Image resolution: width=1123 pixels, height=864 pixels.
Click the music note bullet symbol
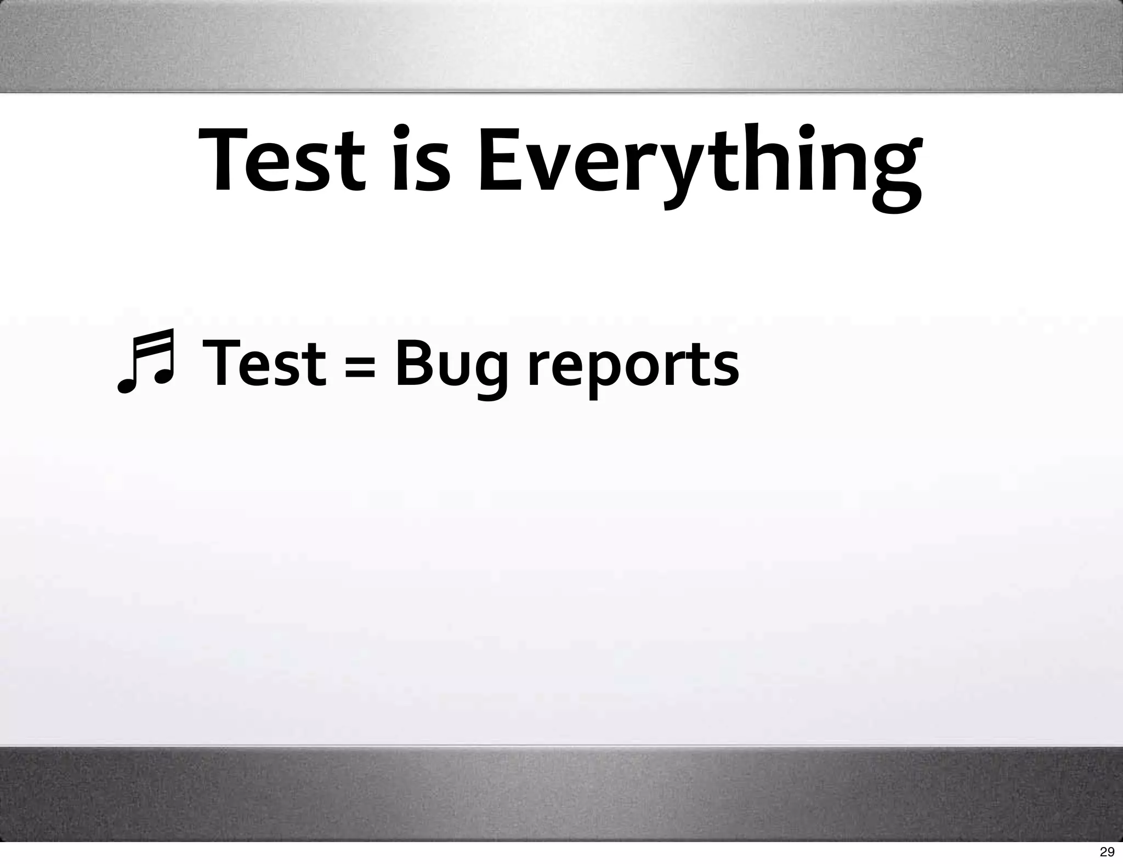coord(146,362)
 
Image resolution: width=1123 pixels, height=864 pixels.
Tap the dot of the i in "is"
coord(402,132)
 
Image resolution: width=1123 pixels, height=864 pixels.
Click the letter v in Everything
coord(555,167)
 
